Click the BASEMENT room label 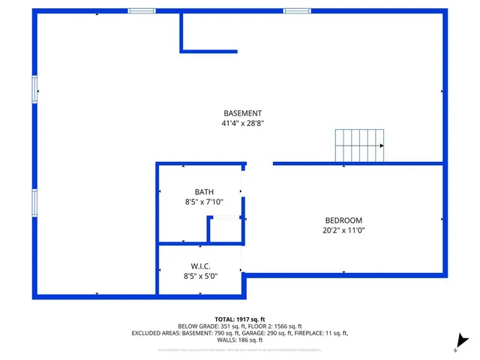click(242, 112)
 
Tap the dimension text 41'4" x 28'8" click(242, 123)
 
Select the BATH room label click(204, 192)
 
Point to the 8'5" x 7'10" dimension click(204, 202)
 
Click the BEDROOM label click(343, 220)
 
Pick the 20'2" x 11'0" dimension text click(343, 231)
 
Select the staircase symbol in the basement click(359, 145)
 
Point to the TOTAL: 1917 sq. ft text click(240, 319)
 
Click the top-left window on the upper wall click(141, 11)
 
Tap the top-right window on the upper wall click(296, 11)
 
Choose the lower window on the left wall click(34, 202)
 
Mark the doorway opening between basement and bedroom click(257, 163)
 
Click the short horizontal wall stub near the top click(210, 51)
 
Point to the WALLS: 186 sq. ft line click(240, 340)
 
